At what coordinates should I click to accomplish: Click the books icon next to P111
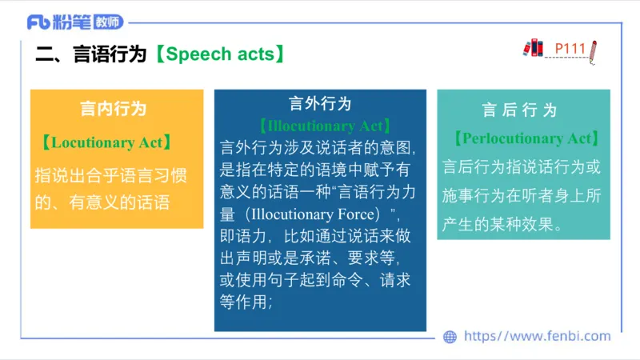coord(533,47)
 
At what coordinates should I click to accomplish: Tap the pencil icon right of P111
coord(593,50)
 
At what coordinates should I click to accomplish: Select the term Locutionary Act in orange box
coord(111,143)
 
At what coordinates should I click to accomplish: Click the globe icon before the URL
coord(450,337)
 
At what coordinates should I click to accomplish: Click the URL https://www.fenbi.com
coord(537,337)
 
